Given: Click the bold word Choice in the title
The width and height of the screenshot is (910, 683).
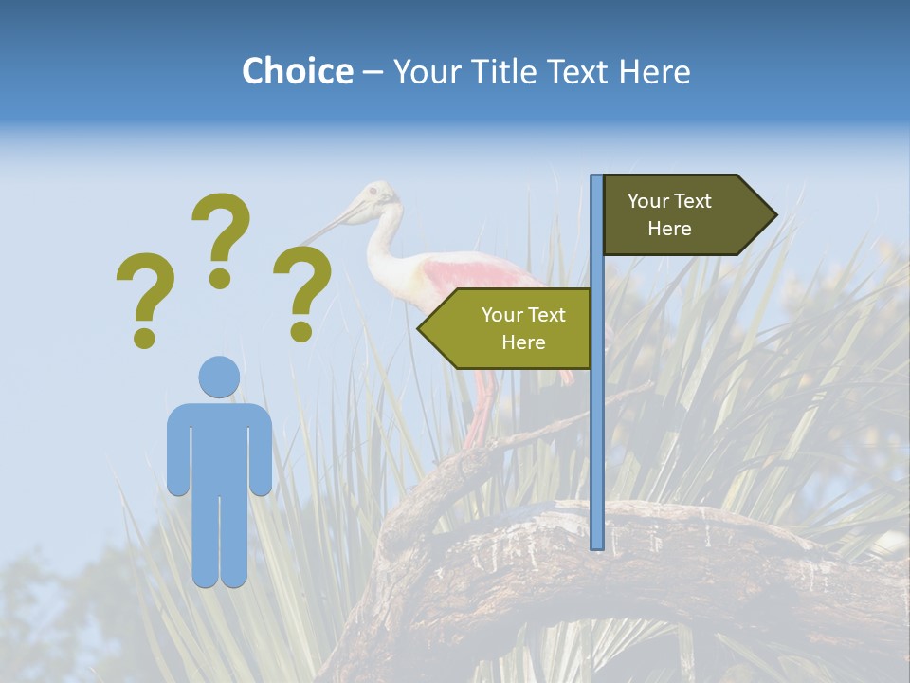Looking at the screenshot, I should coord(297,71).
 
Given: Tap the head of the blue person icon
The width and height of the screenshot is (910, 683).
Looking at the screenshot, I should coord(219,377).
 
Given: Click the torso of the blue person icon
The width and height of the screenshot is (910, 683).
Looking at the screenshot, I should coord(219,446).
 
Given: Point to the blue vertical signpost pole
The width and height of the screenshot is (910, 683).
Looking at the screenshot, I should coord(596,427).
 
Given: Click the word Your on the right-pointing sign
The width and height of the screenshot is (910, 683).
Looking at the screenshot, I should coord(648,201).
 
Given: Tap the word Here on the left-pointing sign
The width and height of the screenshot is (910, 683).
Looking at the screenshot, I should coord(523,342).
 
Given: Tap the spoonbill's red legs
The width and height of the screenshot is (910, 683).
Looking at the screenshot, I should coord(483,408).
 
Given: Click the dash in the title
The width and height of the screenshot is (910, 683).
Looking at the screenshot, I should coord(373,72).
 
